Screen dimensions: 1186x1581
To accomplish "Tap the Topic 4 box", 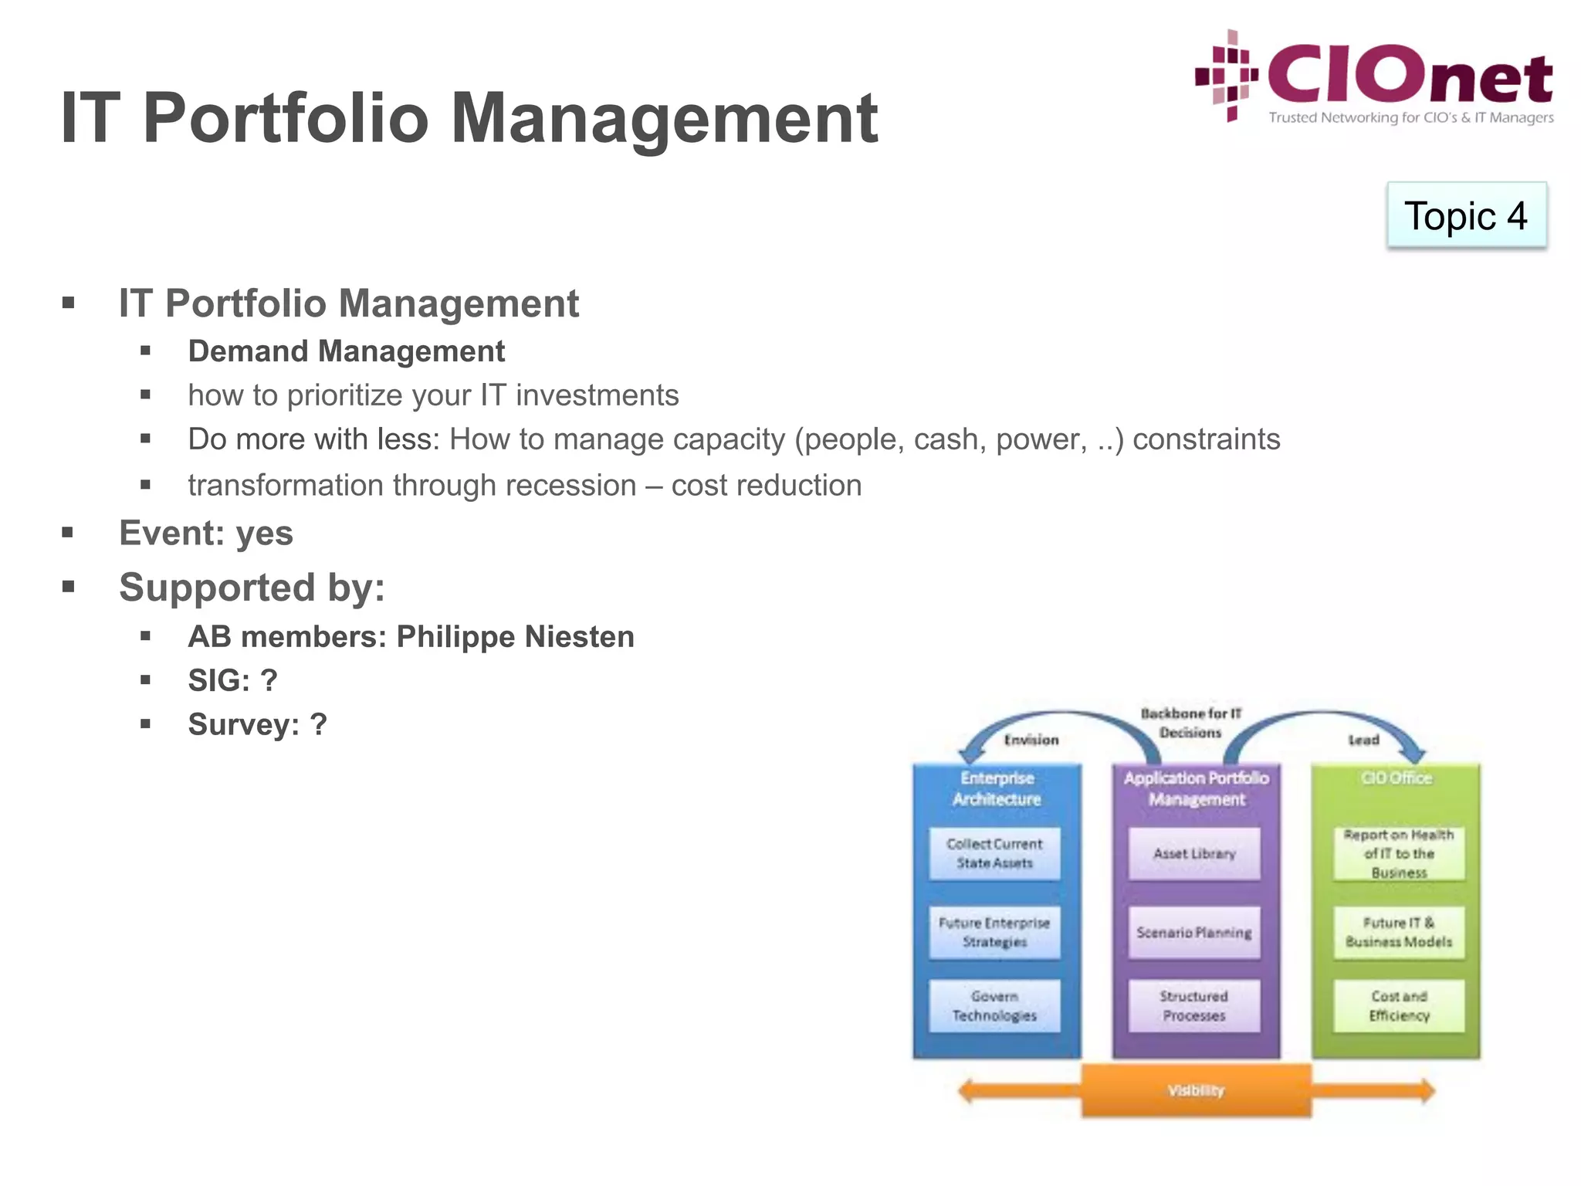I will pyautogui.click(x=1466, y=215).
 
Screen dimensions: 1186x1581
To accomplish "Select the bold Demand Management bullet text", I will pyautogui.click(x=347, y=351).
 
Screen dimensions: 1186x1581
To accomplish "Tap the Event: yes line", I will pyautogui.click(x=206, y=534).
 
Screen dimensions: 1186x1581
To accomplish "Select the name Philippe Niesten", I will pyautogui.click(x=515, y=637).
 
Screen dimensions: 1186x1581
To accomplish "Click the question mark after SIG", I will pyautogui.click(x=269, y=681).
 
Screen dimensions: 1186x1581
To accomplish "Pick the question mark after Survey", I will pyautogui.click(x=318, y=725).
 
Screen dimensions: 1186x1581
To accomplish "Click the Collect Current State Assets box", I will pyautogui.click(x=994, y=854).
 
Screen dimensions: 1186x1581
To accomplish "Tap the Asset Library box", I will pyautogui.click(x=1194, y=854).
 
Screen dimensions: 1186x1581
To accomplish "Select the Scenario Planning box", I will pyautogui.click(x=1194, y=933).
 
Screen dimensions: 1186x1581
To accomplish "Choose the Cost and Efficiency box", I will pyautogui.click(x=1399, y=1006).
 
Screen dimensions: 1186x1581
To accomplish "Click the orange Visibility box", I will pyautogui.click(x=1196, y=1090).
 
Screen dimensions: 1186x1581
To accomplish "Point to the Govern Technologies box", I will pyautogui.click(x=994, y=1006).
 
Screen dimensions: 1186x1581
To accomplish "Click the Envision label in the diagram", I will pyautogui.click(x=1031, y=740).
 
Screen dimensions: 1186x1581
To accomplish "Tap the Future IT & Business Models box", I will pyautogui.click(x=1399, y=933).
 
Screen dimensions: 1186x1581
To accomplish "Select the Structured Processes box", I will pyautogui.click(x=1194, y=1006).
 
